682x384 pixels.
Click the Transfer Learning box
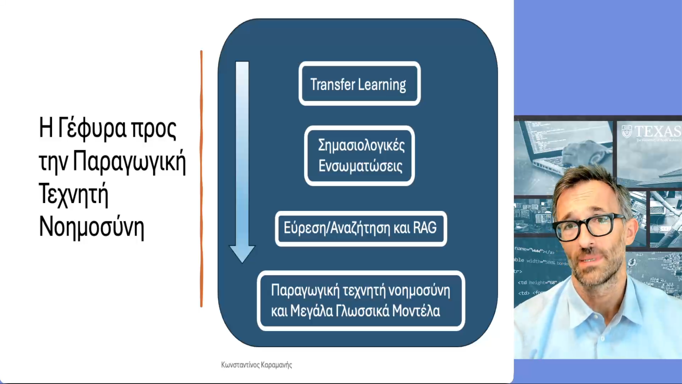tap(360, 83)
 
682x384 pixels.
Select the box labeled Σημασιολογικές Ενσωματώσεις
tap(360, 156)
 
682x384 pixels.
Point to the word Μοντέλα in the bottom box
tap(416, 311)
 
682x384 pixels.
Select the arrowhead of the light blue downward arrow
tap(242, 254)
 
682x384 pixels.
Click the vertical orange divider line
tap(201, 179)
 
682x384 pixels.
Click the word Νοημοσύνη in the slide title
tap(92, 227)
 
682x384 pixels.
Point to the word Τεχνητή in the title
tap(73, 194)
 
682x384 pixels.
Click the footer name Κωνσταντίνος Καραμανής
tap(257, 365)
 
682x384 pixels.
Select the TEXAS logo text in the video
tap(658, 132)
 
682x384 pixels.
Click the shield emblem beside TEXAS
tap(627, 132)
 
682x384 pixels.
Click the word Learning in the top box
tap(382, 85)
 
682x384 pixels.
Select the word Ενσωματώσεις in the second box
tap(360, 166)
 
